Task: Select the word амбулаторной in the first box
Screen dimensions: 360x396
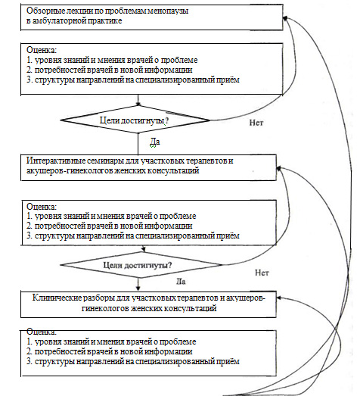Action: pyautogui.click(x=59, y=20)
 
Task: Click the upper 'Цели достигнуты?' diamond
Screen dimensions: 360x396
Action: pyautogui.click(x=135, y=120)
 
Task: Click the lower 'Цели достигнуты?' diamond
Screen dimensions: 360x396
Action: pyautogui.click(x=141, y=265)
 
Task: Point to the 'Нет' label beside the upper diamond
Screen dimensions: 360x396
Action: pyautogui.click(x=256, y=123)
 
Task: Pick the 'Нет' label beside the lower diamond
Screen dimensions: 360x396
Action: pyautogui.click(x=262, y=273)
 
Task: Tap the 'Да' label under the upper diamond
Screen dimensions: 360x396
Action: pyautogui.click(x=155, y=142)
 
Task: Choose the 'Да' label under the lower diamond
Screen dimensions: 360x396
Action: pyautogui.click(x=181, y=282)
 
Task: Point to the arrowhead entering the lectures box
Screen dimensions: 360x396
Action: pyautogui.click(x=285, y=18)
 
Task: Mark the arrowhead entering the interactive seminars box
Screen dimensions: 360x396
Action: pyautogui.click(x=279, y=168)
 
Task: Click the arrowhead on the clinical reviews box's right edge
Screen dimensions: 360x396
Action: pyautogui.click(x=279, y=298)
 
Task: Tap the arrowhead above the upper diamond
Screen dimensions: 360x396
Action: pyautogui.click(x=138, y=104)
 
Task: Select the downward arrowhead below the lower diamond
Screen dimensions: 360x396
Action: pyautogui.click(x=138, y=288)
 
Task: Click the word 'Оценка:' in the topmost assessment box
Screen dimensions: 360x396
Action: pyautogui.click(x=42, y=50)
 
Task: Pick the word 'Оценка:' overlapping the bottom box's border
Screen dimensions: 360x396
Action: pyautogui.click(x=42, y=332)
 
